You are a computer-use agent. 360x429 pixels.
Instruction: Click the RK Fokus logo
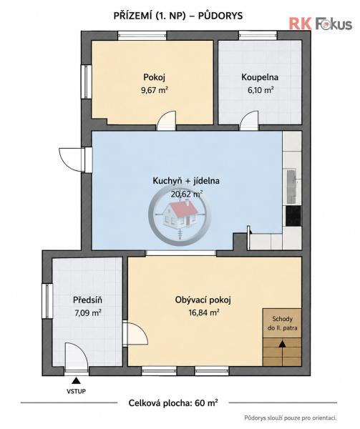(x=321, y=24)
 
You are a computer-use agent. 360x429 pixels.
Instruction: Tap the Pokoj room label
(x=154, y=77)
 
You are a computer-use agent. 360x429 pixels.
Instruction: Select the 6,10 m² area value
(x=261, y=90)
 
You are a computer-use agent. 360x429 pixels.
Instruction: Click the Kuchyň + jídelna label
(x=186, y=181)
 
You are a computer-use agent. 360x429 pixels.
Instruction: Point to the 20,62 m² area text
(x=187, y=194)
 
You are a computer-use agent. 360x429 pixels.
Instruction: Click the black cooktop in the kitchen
(x=293, y=215)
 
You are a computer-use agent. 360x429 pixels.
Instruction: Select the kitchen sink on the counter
(x=291, y=187)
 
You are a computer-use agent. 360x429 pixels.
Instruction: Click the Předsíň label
(x=87, y=300)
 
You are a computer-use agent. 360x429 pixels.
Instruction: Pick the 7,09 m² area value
(x=88, y=312)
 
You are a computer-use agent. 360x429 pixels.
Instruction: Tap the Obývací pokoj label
(x=203, y=300)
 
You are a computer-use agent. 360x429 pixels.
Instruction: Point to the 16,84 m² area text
(x=204, y=312)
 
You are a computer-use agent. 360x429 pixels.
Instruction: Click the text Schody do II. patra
(x=283, y=323)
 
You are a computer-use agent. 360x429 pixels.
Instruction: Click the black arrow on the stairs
(x=282, y=344)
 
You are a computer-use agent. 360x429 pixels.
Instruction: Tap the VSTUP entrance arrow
(x=76, y=380)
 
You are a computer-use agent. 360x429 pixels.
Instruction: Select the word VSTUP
(x=76, y=391)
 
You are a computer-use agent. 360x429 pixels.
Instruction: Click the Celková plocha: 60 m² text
(x=173, y=403)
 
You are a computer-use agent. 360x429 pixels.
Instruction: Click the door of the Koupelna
(x=249, y=120)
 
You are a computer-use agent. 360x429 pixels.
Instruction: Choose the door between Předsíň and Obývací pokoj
(x=135, y=334)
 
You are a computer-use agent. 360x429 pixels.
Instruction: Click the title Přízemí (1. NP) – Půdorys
(x=178, y=16)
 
